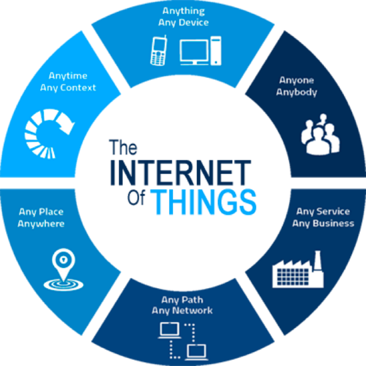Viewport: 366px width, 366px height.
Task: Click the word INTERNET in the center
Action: (x=180, y=173)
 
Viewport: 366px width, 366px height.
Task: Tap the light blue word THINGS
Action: (x=204, y=202)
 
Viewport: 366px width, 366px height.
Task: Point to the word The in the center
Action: (x=123, y=147)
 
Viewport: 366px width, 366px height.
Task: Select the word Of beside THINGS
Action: (x=136, y=197)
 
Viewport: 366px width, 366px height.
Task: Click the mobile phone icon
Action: (x=158, y=50)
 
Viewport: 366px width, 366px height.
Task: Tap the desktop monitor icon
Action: (x=194, y=52)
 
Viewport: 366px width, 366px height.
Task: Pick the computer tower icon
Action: (x=216, y=51)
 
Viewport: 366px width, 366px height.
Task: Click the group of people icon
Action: (x=321, y=134)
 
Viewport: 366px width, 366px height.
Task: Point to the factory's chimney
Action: (x=318, y=260)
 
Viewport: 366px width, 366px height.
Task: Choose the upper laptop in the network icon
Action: (x=170, y=330)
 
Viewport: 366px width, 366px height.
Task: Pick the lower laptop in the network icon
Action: (x=197, y=352)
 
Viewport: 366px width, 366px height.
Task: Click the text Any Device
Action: (x=184, y=23)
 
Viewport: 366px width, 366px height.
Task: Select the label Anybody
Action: (x=297, y=92)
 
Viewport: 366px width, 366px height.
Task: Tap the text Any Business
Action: (x=323, y=224)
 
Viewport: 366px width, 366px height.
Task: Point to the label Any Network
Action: (x=182, y=311)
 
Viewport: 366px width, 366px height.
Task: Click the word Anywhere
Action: (x=41, y=224)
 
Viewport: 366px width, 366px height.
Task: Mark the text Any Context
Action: (x=68, y=88)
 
